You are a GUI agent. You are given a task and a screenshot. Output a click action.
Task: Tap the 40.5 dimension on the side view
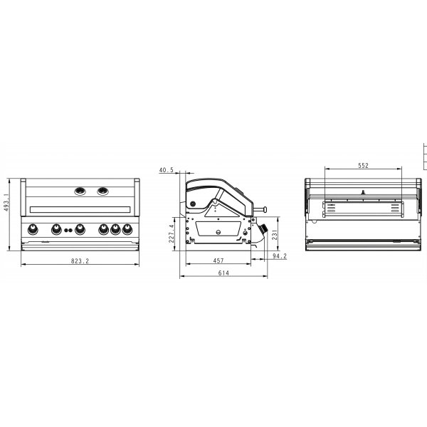pos(167,170)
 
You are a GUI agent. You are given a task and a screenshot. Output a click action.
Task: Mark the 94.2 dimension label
pos(280,256)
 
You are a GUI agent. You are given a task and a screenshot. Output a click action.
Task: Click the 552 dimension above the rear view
pos(362,165)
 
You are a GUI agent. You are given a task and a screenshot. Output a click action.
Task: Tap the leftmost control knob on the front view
pos(33,230)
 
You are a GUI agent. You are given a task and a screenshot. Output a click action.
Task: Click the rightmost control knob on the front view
pos(128,230)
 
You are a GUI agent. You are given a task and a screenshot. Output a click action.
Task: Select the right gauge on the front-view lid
pos(104,191)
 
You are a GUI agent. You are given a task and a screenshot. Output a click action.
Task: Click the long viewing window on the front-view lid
pos(80,209)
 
